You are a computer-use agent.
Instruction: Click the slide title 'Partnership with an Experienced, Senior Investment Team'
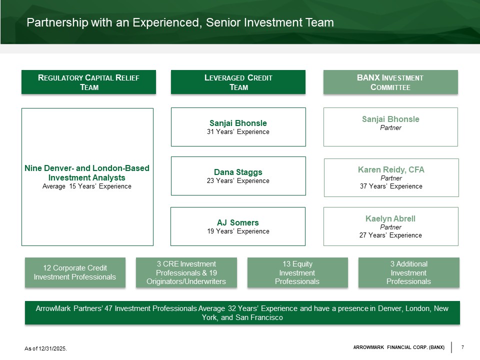pos(180,22)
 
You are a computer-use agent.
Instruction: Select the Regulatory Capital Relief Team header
pos(88,82)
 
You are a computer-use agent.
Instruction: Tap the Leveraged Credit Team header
pos(238,82)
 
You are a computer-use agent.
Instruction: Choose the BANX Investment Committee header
pos(390,82)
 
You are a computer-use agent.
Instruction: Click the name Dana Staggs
pos(238,172)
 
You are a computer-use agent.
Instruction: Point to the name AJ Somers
pos(238,222)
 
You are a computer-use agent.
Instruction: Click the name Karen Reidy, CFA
pos(391,169)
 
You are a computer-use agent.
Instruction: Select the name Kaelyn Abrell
pos(390,218)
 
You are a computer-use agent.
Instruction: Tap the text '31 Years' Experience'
pos(238,132)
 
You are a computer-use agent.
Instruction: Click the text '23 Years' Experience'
pos(238,181)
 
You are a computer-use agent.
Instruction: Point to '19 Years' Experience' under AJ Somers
pos(238,231)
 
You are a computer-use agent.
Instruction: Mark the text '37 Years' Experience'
pos(391,186)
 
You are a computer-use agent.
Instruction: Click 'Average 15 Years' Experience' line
pos(87,186)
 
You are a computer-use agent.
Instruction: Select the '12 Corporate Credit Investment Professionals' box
pos(74,272)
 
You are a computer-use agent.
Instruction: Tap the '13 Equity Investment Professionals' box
pos(297,272)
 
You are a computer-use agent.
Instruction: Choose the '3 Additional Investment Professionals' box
pos(408,272)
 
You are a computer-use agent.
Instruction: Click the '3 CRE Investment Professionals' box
pos(185,272)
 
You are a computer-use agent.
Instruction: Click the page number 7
pos(463,347)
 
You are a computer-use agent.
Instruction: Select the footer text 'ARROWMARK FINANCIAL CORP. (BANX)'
pos(398,347)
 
